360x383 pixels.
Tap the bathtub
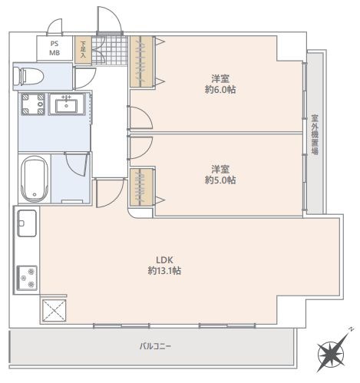click(35, 179)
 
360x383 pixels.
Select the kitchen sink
click(27, 223)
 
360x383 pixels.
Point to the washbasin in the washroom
click(67, 104)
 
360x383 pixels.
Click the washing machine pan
click(33, 104)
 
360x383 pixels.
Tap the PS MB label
click(54, 48)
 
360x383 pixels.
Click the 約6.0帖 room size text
click(220, 90)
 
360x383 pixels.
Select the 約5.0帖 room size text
click(220, 180)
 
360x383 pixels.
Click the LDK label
click(165, 260)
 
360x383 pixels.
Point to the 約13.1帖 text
click(164, 271)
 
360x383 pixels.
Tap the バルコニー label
click(155, 346)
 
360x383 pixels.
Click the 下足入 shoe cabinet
click(83, 50)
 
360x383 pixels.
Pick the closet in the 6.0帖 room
click(141, 61)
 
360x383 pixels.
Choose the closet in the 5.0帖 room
click(141, 187)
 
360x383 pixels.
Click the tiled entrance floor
click(109, 50)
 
